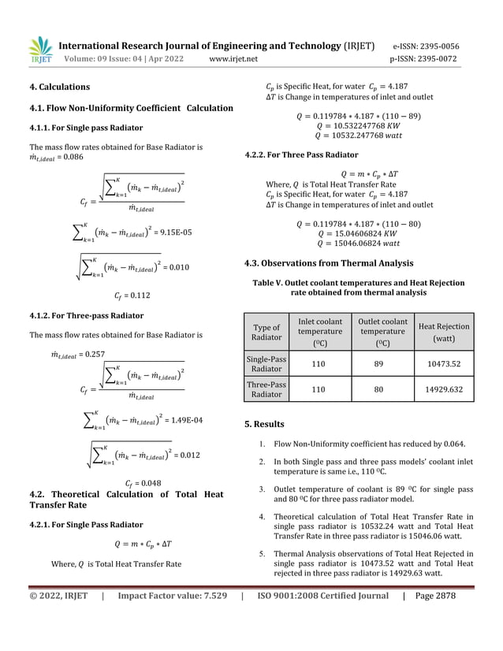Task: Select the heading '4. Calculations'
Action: [59, 87]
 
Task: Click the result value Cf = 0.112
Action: [132, 296]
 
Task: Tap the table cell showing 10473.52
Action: [444, 365]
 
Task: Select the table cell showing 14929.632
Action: [444, 389]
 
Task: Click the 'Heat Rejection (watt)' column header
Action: [444, 333]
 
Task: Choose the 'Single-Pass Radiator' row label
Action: [266, 365]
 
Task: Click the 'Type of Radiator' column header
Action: [266, 333]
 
